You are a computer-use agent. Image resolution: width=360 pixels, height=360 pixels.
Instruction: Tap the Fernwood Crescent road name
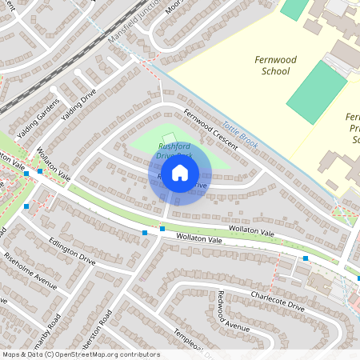coord(210,129)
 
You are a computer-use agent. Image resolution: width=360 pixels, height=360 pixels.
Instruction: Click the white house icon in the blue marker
coord(180,173)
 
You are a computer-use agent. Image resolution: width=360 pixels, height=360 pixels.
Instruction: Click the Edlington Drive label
coord(72,250)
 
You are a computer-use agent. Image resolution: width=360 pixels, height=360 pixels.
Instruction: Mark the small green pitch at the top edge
coord(294,8)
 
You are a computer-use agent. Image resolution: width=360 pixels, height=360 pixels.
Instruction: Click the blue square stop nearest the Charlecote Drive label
coord(306,258)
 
